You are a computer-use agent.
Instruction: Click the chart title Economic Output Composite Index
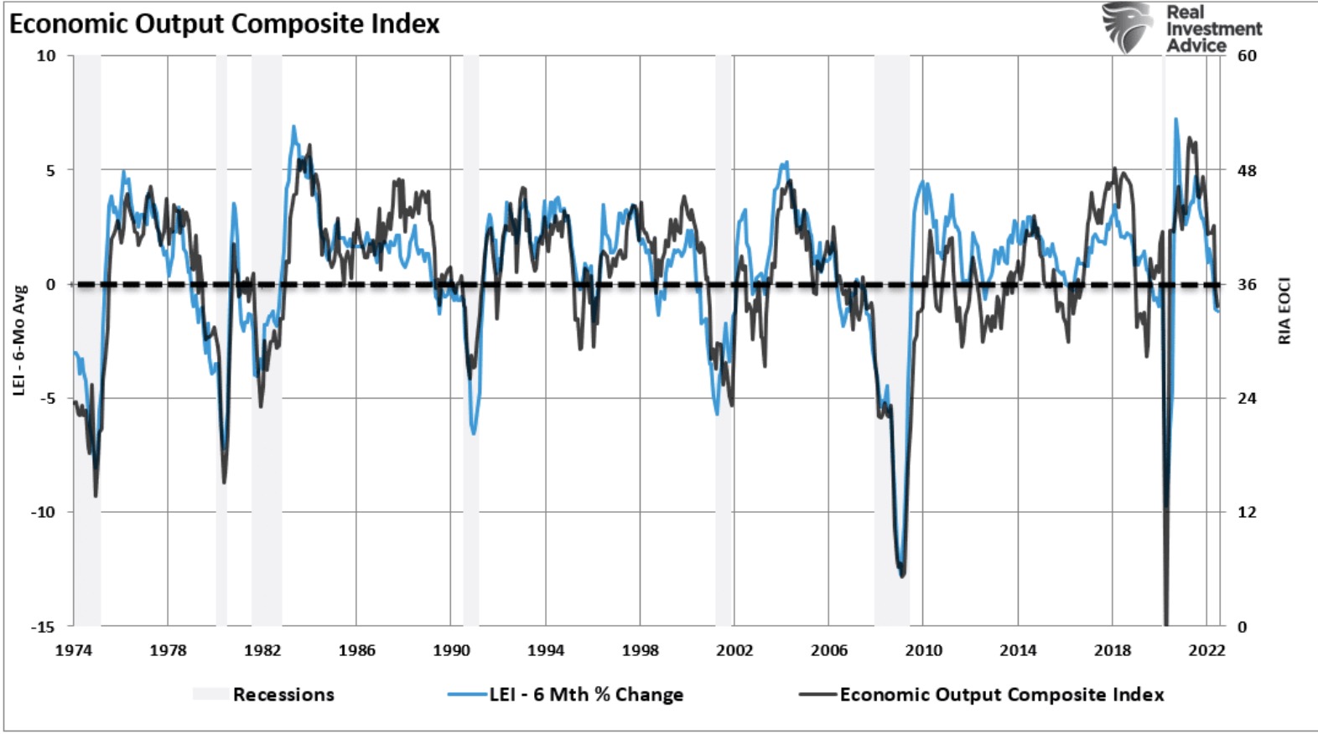[225, 23]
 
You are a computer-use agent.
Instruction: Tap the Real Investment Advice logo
[1182, 28]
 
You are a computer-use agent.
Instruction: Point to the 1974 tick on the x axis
[74, 650]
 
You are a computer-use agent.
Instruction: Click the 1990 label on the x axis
[451, 650]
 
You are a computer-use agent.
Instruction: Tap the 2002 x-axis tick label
[734, 650]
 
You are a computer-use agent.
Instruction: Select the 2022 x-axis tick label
[1206, 650]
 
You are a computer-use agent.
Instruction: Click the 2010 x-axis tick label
[923, 650]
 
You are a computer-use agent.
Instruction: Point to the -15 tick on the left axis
[43, 627]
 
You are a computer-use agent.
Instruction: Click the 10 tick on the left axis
[46, 56]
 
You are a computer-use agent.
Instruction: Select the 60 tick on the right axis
[1248, 56]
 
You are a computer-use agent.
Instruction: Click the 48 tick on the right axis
[1248, 171]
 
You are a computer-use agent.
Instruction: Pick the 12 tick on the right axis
[1248, 512]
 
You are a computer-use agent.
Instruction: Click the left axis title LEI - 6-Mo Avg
[19, 339]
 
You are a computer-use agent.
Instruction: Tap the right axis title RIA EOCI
[1284, 311]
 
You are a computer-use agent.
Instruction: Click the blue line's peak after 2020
[1175, 119]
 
